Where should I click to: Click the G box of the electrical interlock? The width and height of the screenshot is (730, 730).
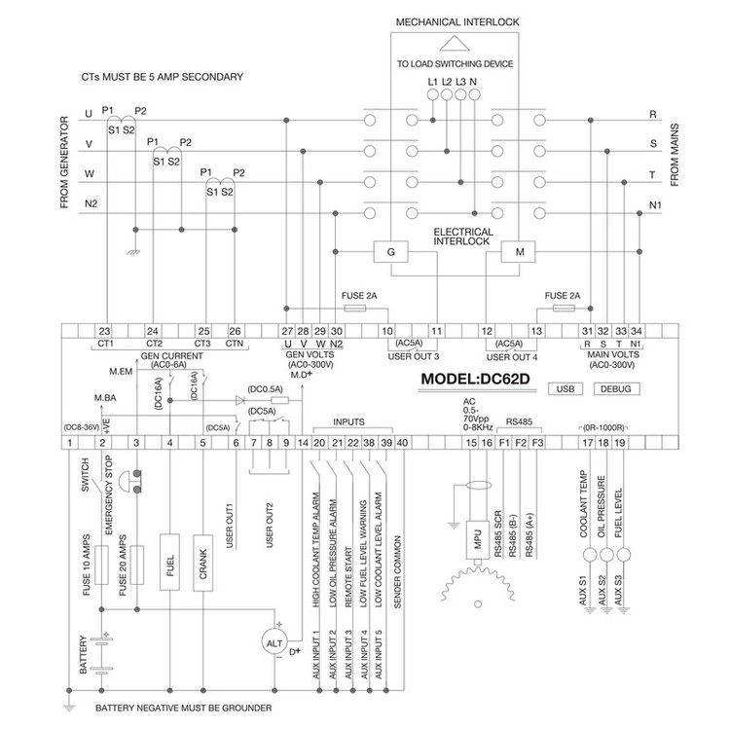(390, 252)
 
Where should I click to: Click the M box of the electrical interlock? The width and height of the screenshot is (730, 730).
(518, 252)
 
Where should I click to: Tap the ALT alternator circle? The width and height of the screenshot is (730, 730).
(274, 643)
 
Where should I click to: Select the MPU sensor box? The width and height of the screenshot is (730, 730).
(477, 540)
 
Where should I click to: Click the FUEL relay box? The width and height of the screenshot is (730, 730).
(169, 563)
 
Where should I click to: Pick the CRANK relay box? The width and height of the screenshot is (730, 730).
(203, 563)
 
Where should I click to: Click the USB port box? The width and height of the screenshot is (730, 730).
(566, 388)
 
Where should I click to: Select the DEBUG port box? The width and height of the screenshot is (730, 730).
(616, 388)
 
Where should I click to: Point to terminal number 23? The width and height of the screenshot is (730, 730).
(104, 331)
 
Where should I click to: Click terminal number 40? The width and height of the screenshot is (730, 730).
(402, 442)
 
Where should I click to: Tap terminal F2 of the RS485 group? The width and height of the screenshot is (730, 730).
(521, 442)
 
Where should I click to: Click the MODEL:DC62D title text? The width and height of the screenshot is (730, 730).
(475, 379)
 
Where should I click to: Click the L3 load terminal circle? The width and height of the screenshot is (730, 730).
(460, 95)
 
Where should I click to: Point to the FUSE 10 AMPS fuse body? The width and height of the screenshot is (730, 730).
(101, 566)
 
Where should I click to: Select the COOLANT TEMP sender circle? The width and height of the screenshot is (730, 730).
(590, 555)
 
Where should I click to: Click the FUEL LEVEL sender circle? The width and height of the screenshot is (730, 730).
(623, 555)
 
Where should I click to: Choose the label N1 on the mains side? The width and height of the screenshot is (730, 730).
(655, 205)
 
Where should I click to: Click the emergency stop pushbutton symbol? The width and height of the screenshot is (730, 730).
(129, 482)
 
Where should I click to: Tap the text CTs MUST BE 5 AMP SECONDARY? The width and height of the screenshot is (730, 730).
(162, 77)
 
